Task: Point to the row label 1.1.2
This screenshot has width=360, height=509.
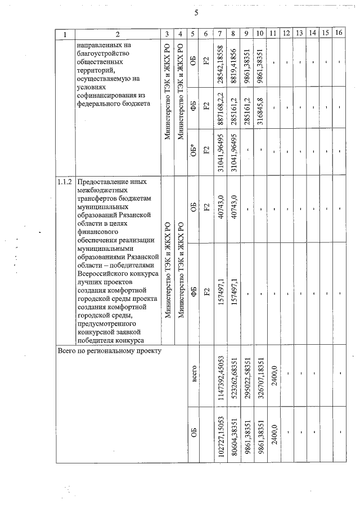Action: [x=65, y=183]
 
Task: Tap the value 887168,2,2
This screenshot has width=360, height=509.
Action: [x=220, y=107]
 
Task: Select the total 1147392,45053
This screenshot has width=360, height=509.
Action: [x=220, y=377]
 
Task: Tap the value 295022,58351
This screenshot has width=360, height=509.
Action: [x=246, y=377]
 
